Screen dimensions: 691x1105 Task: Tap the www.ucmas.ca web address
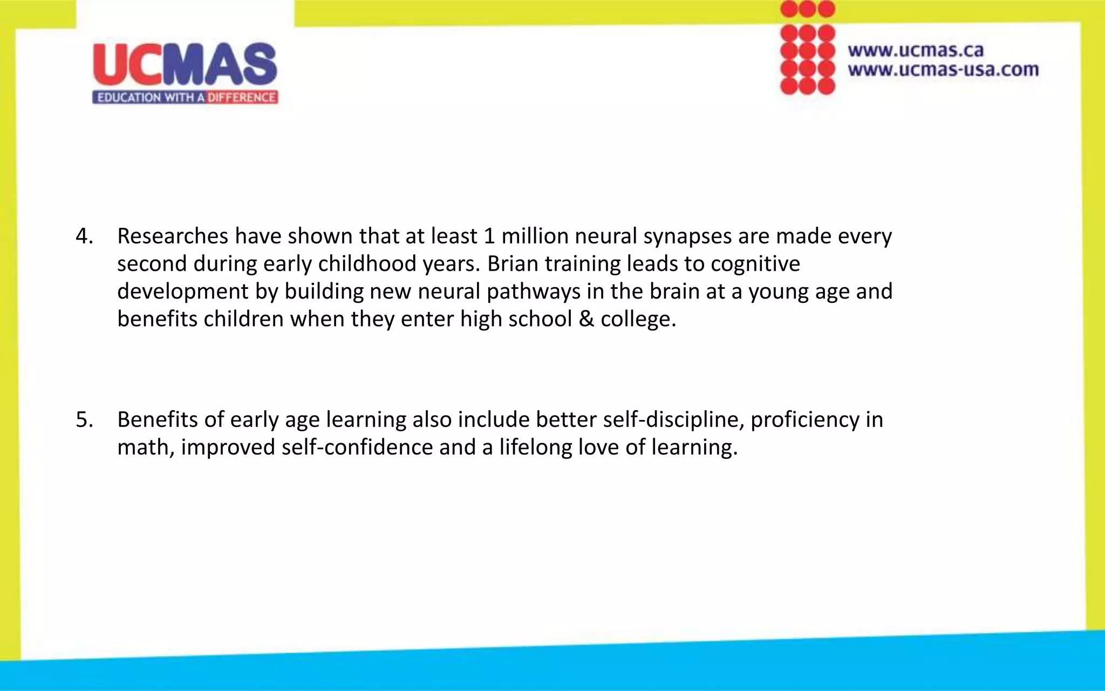[916, 50]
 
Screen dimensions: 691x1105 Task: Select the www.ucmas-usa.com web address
[943, 70]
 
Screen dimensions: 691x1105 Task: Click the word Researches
[172, 236]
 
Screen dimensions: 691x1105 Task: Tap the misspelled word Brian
[513, 264]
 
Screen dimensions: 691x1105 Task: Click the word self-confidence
[357, 448]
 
